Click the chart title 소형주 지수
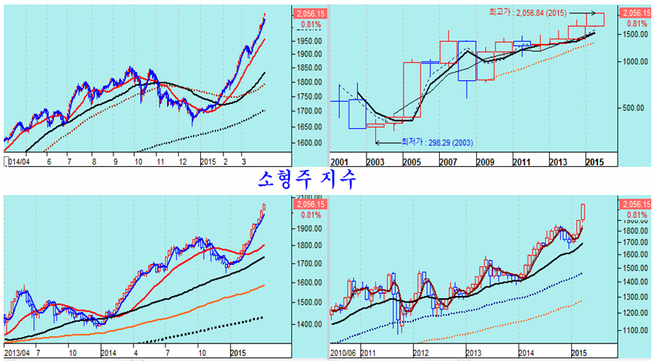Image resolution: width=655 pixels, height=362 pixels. (306, 179)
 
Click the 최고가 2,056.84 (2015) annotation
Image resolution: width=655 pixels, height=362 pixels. (527, 13)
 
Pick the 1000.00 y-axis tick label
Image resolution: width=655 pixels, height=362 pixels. (633, 62)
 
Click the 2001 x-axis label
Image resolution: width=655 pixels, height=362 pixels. (339, 161)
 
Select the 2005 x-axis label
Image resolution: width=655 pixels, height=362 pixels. (412, 161)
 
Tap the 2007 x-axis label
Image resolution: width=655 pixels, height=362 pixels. (449, 161)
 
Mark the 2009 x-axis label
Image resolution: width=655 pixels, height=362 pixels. (485, 161)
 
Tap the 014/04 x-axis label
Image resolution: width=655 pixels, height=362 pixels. (19, 161)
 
